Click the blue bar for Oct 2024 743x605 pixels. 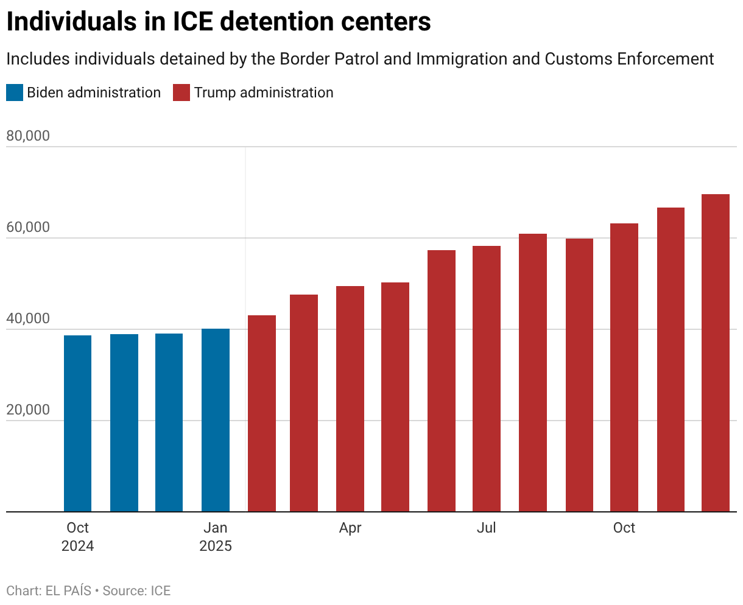pyautogui.click(x=77, y=423)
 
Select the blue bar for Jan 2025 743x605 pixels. pyautogui.click(x=216, y=420)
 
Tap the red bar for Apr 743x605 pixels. pyautogui.click(x=350, y=399)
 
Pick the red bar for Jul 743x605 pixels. pyautogui.click(x=486, y=379)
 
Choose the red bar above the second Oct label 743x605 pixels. pyautogui.click(x=624, y=368)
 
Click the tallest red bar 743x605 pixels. pyautogui.click(x=716, y=352)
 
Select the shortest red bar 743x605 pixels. pyautogui.click(x=262, y=413)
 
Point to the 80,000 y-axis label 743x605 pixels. pyautogui.click(x=28, y=136)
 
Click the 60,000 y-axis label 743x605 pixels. pyautogui.click(x=28, y=227)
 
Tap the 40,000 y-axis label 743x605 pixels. pyautogui.click(x=28, y=318)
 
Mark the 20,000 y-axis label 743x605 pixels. pyautogui.click(x=28, y=410)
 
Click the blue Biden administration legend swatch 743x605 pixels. pyautogui.click(x=15, y=93)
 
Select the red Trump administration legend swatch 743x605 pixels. pyautogui.click(x=181, y=93)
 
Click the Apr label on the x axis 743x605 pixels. pyautogui.click(x=350, y=528)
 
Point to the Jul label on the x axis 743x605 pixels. pyautogui.click(x=486, y=528)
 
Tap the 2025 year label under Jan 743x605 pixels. pyautogui.click(x=216, y=546)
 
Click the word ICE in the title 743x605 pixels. pyautogui.click(x=193, y=22)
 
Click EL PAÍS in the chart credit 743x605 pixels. pyautogui.click(x=68, y=591)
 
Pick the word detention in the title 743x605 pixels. pyautogui.click(x=278, y=22)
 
